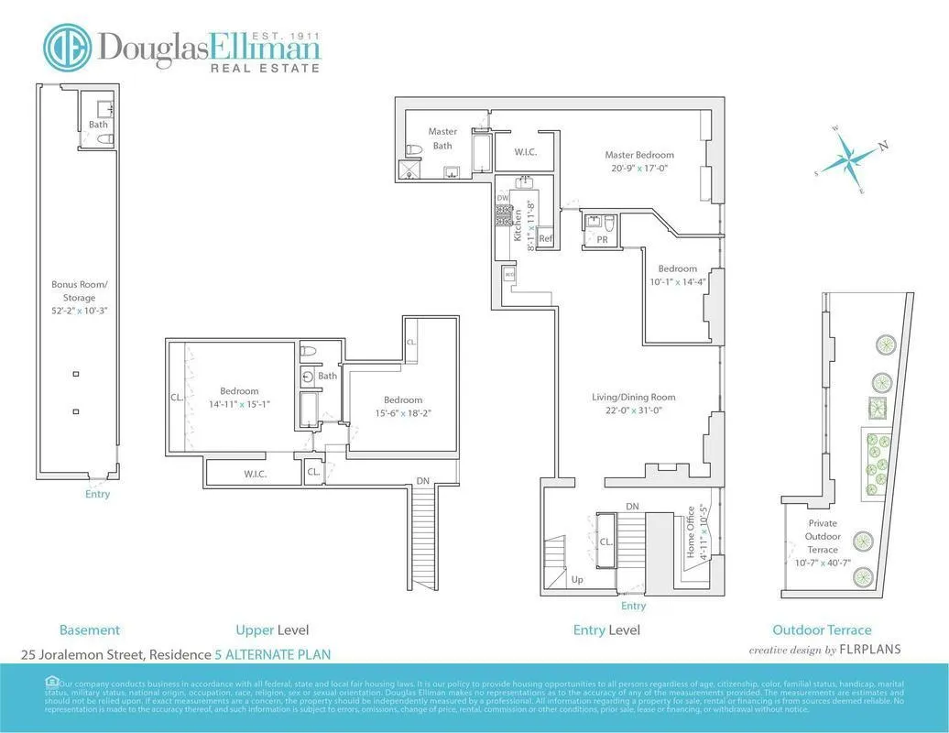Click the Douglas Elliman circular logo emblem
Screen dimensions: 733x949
68,48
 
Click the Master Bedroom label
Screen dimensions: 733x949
638,155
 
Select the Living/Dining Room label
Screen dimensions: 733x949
633,398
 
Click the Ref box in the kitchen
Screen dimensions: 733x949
545,238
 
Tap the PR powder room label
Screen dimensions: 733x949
602,238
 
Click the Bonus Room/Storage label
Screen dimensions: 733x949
73,290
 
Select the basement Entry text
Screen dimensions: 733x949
97,494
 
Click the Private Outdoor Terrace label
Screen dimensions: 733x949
822,536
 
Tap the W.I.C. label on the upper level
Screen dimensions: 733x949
255,474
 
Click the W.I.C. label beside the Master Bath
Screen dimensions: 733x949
525,152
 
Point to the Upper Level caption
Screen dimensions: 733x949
272,629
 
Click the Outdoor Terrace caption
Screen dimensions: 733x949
822,629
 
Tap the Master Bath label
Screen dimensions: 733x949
442,138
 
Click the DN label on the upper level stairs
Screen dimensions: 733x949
422,480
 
